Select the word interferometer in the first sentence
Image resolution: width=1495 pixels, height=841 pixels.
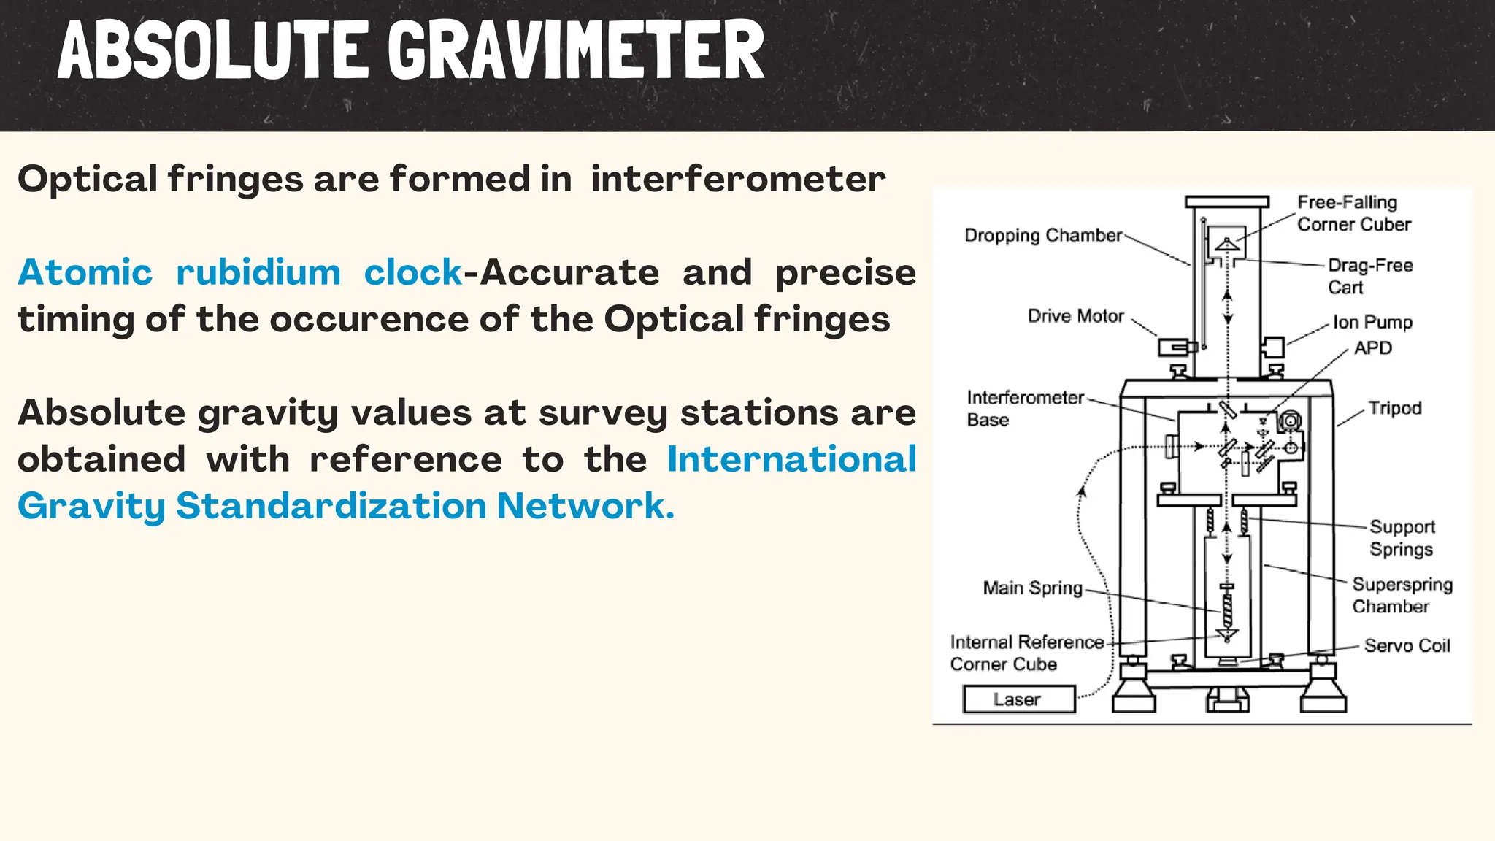[x=737, y=179]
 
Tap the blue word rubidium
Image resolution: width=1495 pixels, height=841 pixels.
[x=258, y=272]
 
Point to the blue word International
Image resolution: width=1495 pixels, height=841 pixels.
[x=791, y=459]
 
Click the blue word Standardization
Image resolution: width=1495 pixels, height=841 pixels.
[x=331, y=505]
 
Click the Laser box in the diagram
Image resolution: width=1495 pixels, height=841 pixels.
[x=1018, y=699]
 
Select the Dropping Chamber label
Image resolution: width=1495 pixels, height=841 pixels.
[x=1042, y=235]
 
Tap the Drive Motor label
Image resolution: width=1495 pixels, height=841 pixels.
[x=1075, y=316]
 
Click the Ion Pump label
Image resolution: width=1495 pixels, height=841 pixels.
[x=1372, y=322]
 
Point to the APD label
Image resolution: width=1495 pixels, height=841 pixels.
[x=1372, y=348]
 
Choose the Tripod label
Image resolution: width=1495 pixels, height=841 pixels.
[x=1394, y=408]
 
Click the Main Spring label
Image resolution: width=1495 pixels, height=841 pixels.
[x=1032, y=588]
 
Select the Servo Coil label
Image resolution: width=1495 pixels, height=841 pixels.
[x=1407, y=645]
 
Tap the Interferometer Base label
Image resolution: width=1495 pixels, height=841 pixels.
[x=1024, y=408]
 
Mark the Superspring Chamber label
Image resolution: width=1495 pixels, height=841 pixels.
[x=1402, y=595]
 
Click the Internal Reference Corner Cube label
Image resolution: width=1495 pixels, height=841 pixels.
[x=1026, y=653]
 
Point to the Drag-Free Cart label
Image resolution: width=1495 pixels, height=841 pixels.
[x=1369, y=276]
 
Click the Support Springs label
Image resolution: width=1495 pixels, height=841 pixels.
[x=1402, y=537]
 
